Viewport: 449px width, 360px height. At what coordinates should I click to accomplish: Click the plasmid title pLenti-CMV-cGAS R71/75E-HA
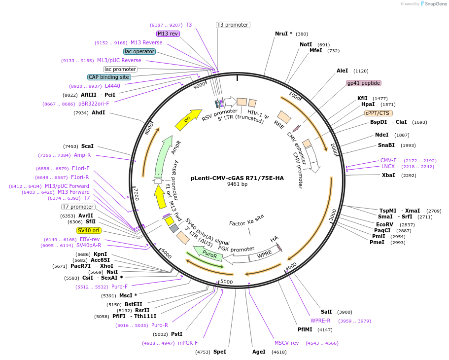click(237, 178)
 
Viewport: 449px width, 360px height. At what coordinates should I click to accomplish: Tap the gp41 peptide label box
click(363, 83)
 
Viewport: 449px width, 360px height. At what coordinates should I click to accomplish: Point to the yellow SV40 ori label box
click(88, 230)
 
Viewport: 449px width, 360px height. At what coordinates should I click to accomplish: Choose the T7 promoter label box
click(78, 207)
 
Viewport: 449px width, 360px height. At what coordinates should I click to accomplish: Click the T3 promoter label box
click(233, 25)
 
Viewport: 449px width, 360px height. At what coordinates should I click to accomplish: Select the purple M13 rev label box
click(168, 34)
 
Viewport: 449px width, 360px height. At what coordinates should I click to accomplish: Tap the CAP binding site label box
click(109, 77)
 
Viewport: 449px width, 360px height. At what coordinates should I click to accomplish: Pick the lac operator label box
click(139, 51)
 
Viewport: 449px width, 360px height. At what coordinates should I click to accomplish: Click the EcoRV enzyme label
click(384, 224)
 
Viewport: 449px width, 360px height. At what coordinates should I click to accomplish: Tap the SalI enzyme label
click(326, 312)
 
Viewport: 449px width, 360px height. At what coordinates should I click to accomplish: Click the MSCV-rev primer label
click(286, 343)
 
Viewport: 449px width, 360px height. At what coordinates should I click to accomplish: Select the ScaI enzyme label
click(87, 146)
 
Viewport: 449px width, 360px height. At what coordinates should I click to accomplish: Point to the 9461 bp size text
click(237, 184)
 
